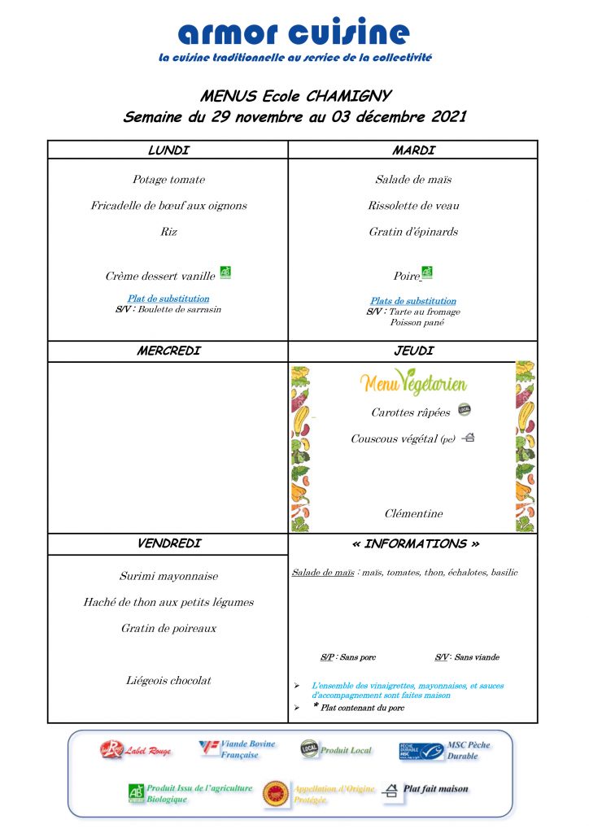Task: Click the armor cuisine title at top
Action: click(294, 33)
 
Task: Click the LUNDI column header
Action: click(168, 150)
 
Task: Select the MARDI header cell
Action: click(413, 150)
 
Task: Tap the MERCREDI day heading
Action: click(168, 351)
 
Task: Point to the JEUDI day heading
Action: click(413, 351)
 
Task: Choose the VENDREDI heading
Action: click(168, 543)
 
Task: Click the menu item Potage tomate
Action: click(168, 180)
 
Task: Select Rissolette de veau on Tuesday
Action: click(413, 206)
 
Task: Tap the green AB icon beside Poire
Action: click(427, 273)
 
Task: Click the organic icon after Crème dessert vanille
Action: click(225, 273)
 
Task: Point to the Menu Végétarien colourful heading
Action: click(413, 382)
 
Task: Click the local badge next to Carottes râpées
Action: click(465, 409)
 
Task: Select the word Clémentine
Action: click(413, 514)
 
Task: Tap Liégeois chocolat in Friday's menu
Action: click(168, 681)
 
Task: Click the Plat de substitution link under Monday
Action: click(168, 299)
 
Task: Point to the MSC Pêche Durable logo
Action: click(411, 751)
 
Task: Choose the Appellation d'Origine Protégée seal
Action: click(277, 794)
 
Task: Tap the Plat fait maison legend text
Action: click(436, 789)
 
